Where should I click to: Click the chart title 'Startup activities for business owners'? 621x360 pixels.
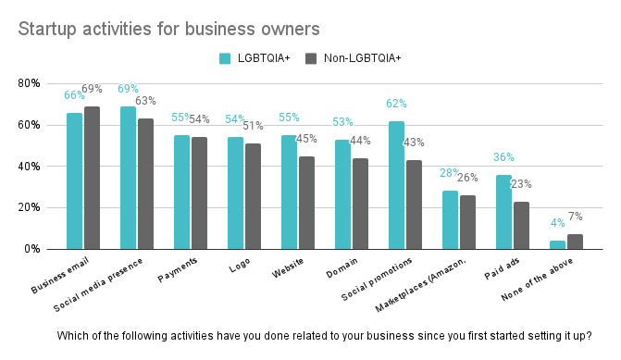(168, 30)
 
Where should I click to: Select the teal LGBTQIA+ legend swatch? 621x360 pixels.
(225, 58)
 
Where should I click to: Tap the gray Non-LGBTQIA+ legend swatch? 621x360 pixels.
(311, 58)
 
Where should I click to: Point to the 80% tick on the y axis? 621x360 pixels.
(29, 83)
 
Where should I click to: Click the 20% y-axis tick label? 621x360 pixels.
(29, 207)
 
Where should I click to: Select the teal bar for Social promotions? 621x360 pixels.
(396, 185)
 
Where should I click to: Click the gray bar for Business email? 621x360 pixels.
(92, 178)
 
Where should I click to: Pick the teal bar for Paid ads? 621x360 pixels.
(503, 212)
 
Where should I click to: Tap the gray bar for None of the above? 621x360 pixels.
(575, 242)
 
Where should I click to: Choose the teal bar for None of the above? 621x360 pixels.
(558, 244)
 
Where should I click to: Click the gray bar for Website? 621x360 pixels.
(306, 203)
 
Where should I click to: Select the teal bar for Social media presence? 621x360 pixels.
(128, 178)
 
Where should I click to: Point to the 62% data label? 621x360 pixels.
(396, 104)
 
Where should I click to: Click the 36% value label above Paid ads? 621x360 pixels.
(503, 157)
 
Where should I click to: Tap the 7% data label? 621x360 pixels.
(576, 217)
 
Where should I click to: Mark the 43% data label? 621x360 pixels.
(414, 143)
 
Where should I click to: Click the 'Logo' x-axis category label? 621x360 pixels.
(240, 266)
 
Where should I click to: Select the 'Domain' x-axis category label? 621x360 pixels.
(342, 267)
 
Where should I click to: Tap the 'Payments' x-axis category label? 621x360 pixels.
(178, 269)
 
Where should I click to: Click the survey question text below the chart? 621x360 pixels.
(324, 336)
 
